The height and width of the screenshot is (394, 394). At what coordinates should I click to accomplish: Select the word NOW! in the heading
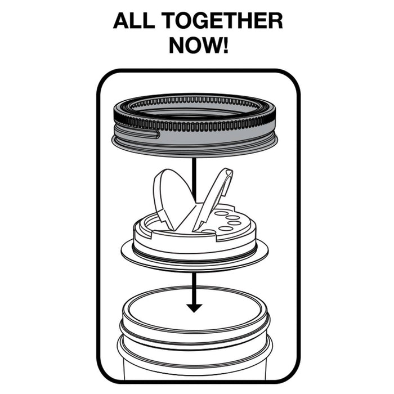pos(199,46)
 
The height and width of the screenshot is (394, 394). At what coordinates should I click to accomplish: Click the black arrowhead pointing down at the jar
pos(194,307)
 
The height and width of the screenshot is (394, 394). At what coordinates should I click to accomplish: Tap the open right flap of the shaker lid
pos(214,194)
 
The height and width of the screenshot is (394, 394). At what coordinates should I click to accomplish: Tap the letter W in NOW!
pos(209,46)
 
